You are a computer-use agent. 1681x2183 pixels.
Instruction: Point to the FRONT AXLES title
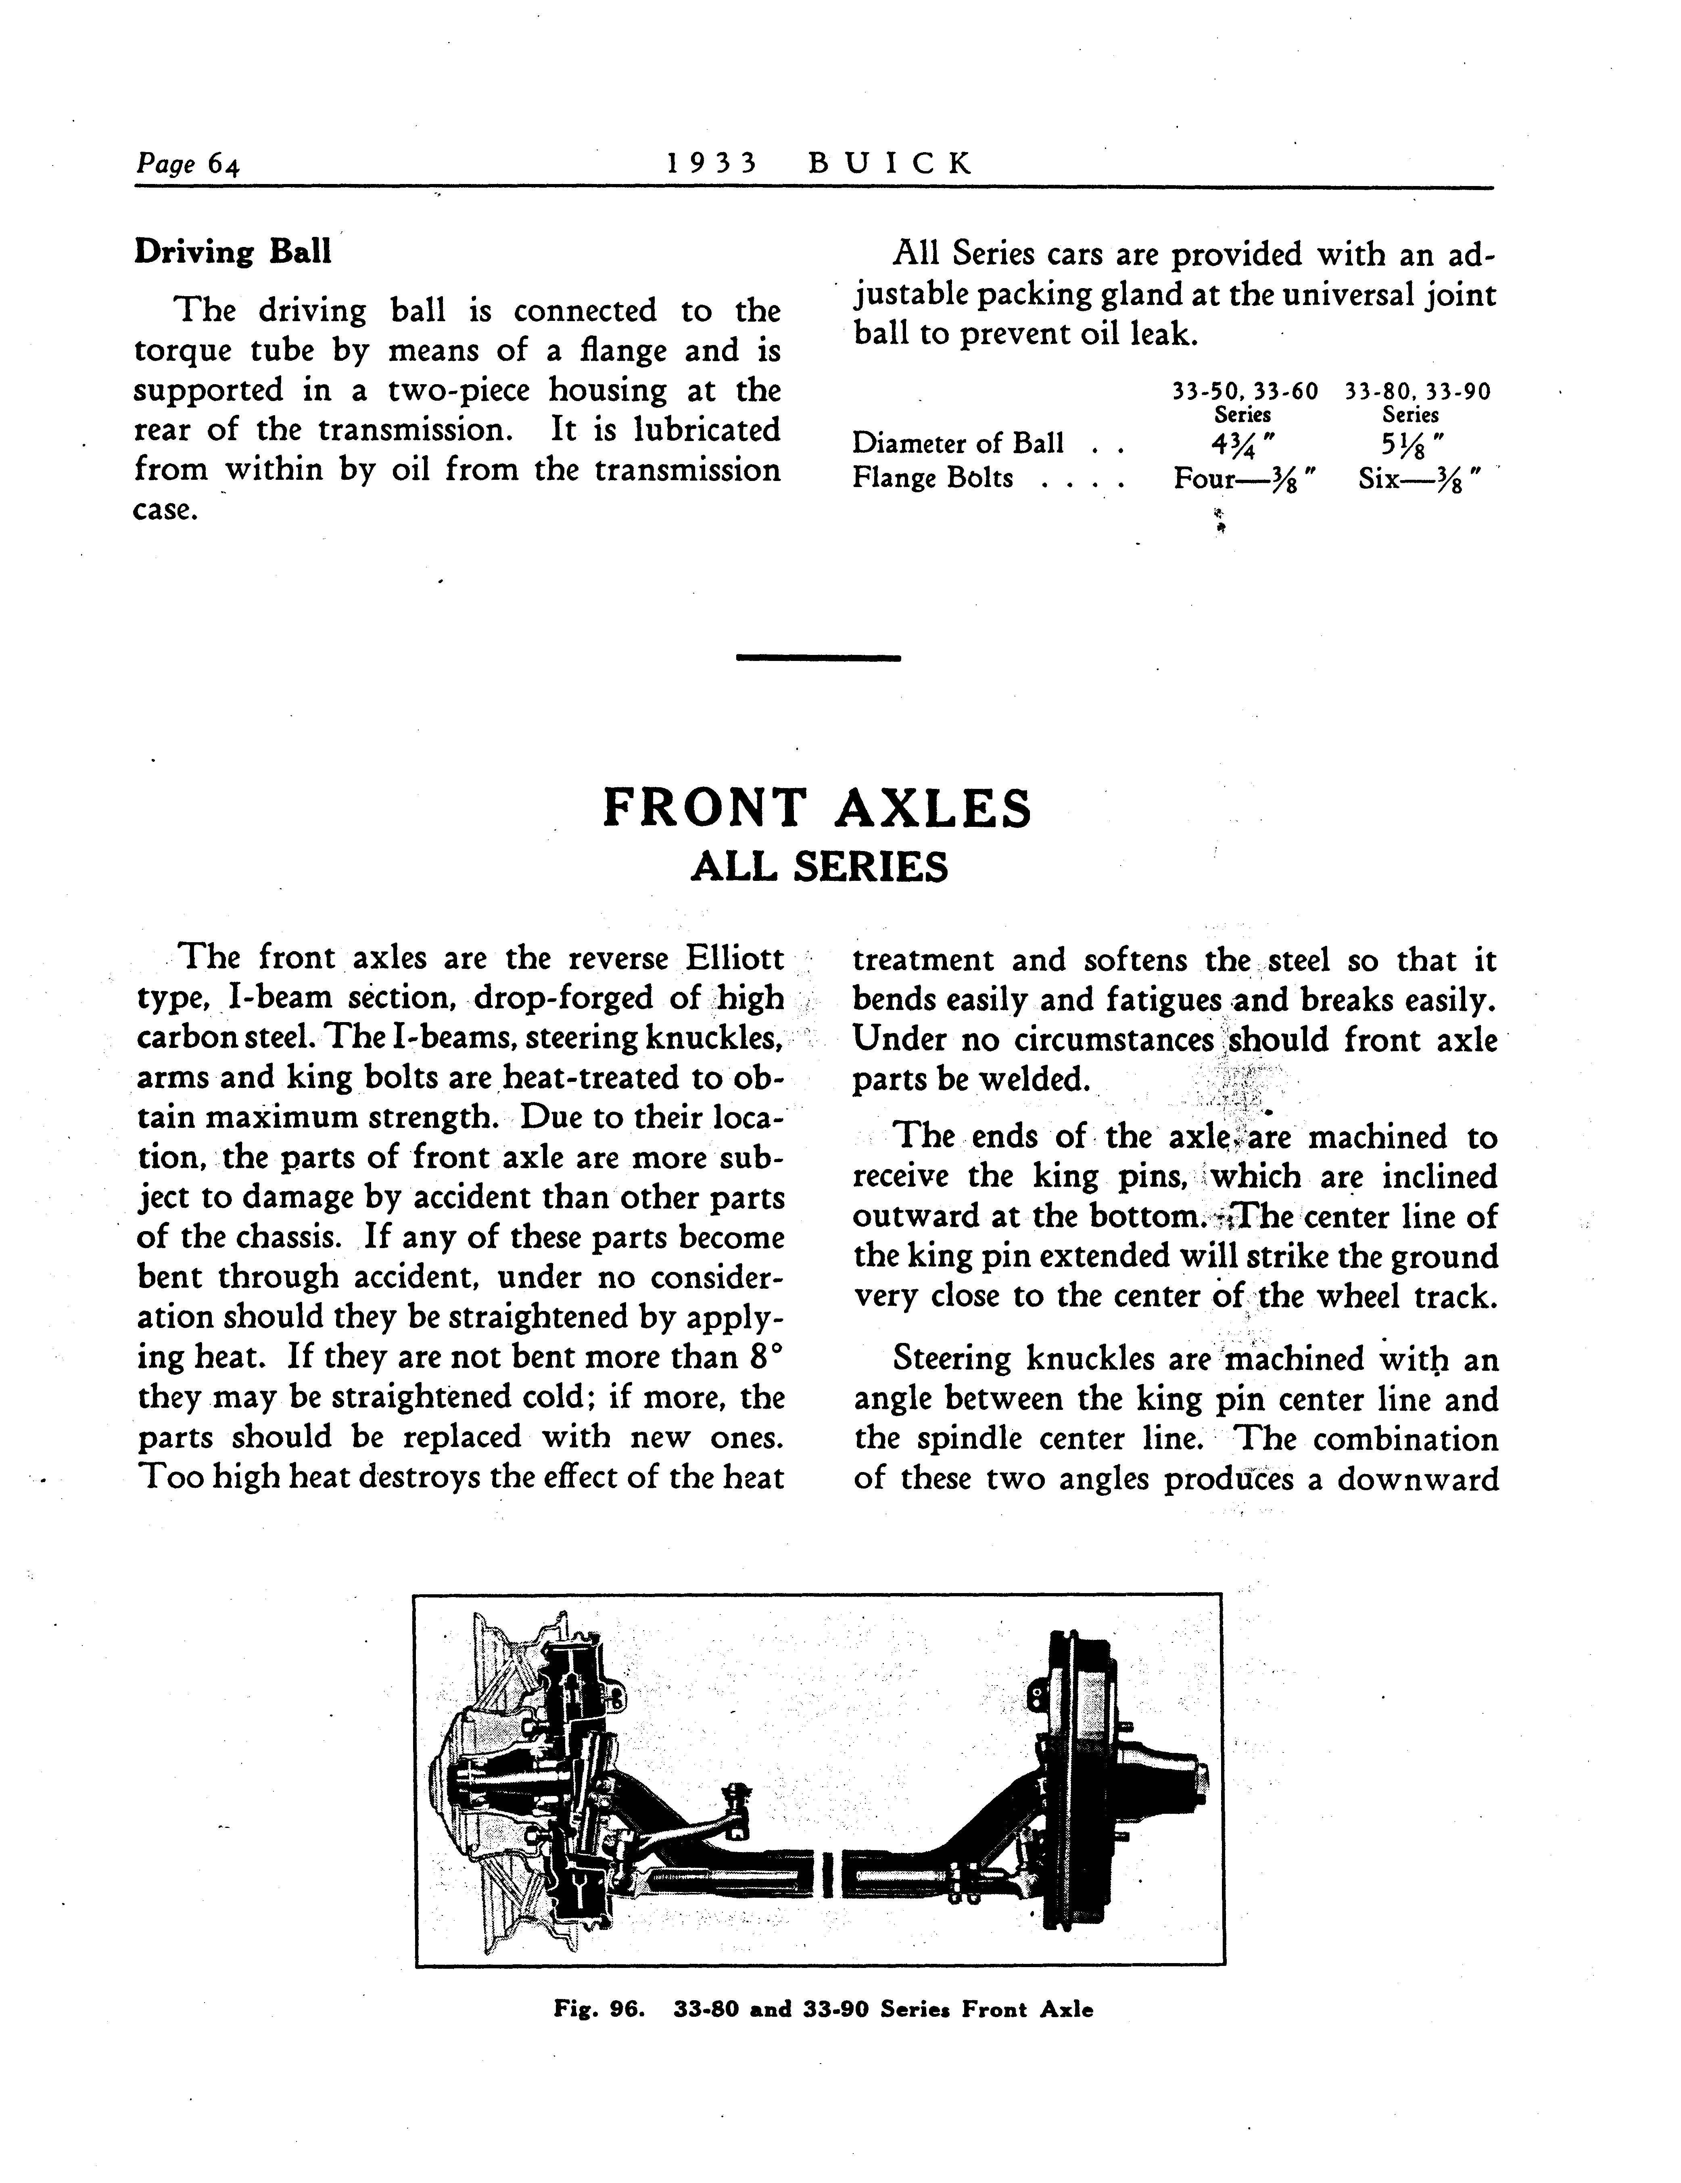click(818, 809)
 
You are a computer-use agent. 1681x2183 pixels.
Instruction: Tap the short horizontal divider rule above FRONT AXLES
click(818, 657)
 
